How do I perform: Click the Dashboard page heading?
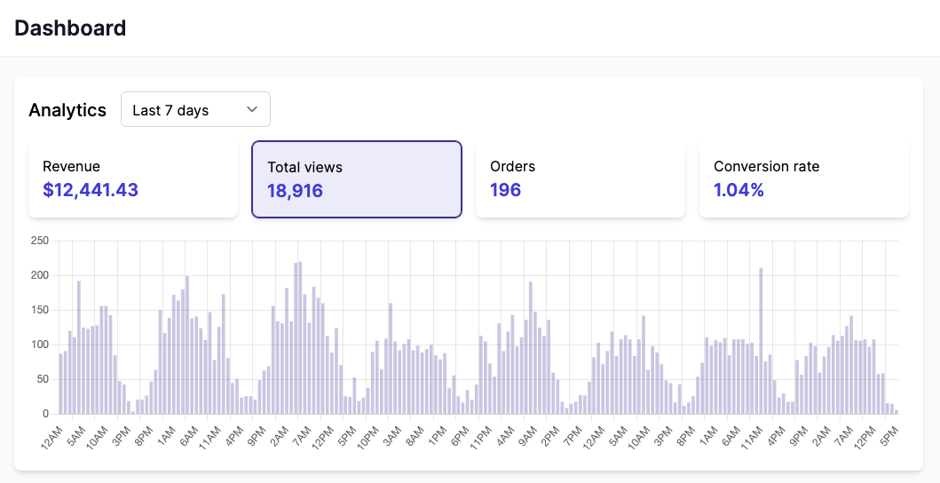pos(70,28)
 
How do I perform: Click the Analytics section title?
pos(67,110)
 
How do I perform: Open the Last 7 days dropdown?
pos(195,109)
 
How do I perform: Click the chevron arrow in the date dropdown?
pos(252,109)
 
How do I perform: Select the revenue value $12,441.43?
pos(91,189)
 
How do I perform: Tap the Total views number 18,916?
pos(296,190)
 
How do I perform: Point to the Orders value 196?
pos(505,189)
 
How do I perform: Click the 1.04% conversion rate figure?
pos(739,189)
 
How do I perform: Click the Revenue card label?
pos(71,166)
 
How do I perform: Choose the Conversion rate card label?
pos(766,166)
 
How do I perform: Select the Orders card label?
pos(512,166)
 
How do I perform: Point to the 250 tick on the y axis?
pos(39,241)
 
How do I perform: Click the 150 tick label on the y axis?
pos(39,310)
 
